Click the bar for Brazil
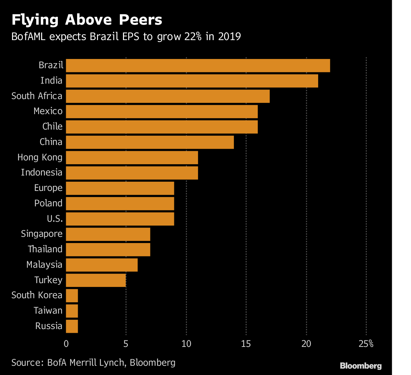[x=198, y=65]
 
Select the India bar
[x=192, y=81]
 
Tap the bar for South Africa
[x=168, y=96]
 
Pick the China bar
[x=150, y=142]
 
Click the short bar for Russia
[x=72, y=326]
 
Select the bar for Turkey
[x=96, y=280]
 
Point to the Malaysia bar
[x=102, y=265]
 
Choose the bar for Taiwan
[x=72, y=311]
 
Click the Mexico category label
[x=48, y=111]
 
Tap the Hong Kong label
[x=40, y=157]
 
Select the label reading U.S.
[x=55, y=218]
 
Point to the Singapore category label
[x=42, y=234]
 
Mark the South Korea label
[x=37, y=295]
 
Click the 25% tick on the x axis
[x=366, y=343]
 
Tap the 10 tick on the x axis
[x=186, y=343]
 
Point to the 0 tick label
[x=66, y=343]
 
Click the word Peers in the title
[x=140, y=20]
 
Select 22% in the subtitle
[x=192, y=36]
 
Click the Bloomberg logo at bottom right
[x=361, y=366]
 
